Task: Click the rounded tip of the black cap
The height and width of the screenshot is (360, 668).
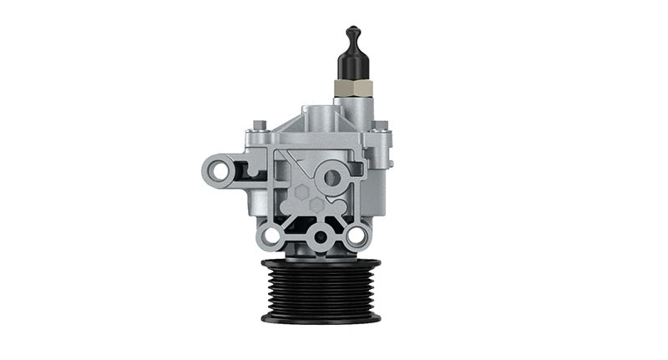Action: pyautogui.click(x=352, y=33)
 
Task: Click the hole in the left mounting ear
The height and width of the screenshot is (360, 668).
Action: pyautogui.click(x=220, y=170)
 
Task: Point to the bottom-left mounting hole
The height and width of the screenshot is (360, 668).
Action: pyautogui.click(x=270, y=236)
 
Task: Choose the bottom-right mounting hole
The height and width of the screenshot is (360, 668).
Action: pyautogui.click(x=356, y=236)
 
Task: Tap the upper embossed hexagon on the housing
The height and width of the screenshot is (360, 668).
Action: pyautogui.click(x=301, y=190)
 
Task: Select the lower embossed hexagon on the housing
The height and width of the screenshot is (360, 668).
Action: pyautogui.click(x=316, y=204)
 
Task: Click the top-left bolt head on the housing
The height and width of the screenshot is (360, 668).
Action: pyautogui.click(x=261, y=126)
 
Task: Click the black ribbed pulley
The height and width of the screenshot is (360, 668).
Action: pyautogui.click(x=321, y=288)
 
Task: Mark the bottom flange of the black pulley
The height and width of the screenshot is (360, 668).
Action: pyautogui.click(x=321, y=317)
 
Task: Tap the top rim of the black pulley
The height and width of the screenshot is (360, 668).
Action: pyautogui.click(x=321, y=263)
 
